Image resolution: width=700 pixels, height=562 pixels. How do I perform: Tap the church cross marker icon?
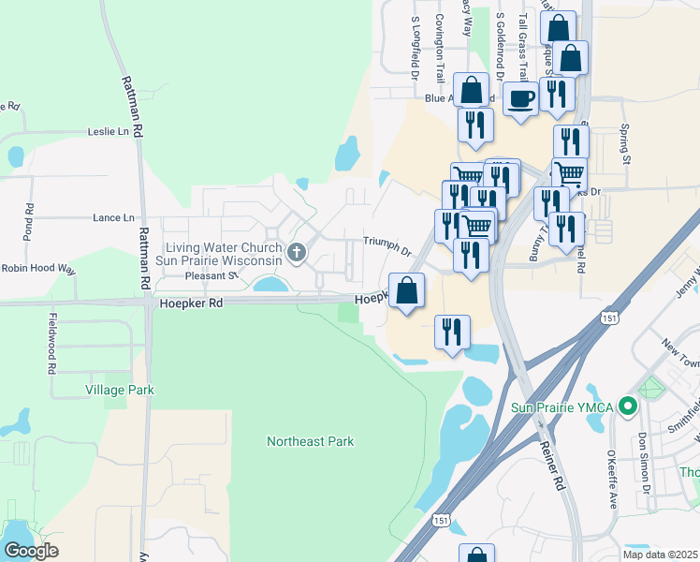tap(297, 251)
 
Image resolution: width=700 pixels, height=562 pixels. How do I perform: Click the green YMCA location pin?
tap(629, 407)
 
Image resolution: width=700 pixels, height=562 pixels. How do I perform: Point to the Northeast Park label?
tap(311, 441)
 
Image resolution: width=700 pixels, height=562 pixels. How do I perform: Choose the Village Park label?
tap(119, 389)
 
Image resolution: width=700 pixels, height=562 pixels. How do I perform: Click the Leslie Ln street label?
tap(108, 132)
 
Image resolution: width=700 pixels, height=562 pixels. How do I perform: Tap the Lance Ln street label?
tap(113, 217)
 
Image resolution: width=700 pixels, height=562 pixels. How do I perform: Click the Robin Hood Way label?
tap(37, 268)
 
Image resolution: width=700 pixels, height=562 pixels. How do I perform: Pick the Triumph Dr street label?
tap(387, 245)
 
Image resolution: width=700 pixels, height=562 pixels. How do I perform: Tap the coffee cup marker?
tap(520, 97)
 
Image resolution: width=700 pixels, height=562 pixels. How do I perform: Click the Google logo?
tap(31, 552)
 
